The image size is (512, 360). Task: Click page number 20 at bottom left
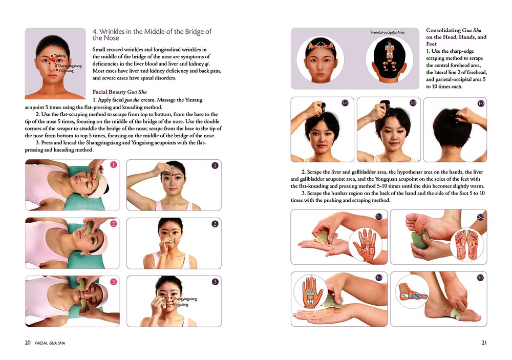28,343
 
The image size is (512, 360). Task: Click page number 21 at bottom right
484,343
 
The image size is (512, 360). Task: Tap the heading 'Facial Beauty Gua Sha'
119,92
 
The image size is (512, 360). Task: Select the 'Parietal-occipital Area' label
388,32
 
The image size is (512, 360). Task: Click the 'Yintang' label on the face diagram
60,55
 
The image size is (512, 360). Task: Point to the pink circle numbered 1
113,165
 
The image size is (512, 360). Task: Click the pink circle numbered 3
113,282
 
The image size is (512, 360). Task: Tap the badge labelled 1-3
481,103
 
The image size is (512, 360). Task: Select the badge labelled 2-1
379,216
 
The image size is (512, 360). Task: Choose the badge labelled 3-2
480,278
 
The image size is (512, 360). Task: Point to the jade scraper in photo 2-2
420,240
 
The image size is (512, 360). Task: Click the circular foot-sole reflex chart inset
467,244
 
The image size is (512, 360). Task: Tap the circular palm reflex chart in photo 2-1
365,244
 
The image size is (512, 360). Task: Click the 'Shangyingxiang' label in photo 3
185,299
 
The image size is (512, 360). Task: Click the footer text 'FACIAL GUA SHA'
50,343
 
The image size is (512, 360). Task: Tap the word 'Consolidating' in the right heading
443,30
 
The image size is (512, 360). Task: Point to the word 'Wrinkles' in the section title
112,31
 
